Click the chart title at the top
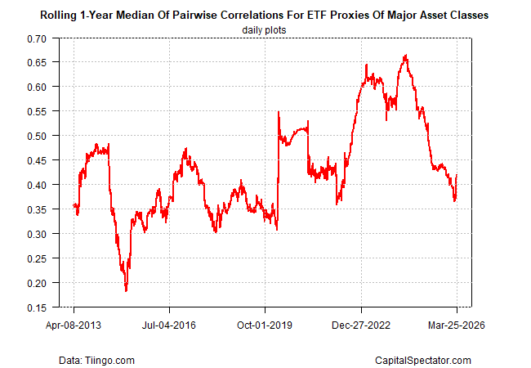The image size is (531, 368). (265, 16)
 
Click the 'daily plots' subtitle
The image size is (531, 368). (265, 29)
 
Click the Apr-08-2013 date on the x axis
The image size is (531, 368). (74, 325)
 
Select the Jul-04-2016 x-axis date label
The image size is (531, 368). (170, 325)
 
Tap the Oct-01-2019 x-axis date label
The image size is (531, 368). (265, 325)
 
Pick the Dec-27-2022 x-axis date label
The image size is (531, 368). (361, 325)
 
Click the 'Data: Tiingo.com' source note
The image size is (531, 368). (96, 360)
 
